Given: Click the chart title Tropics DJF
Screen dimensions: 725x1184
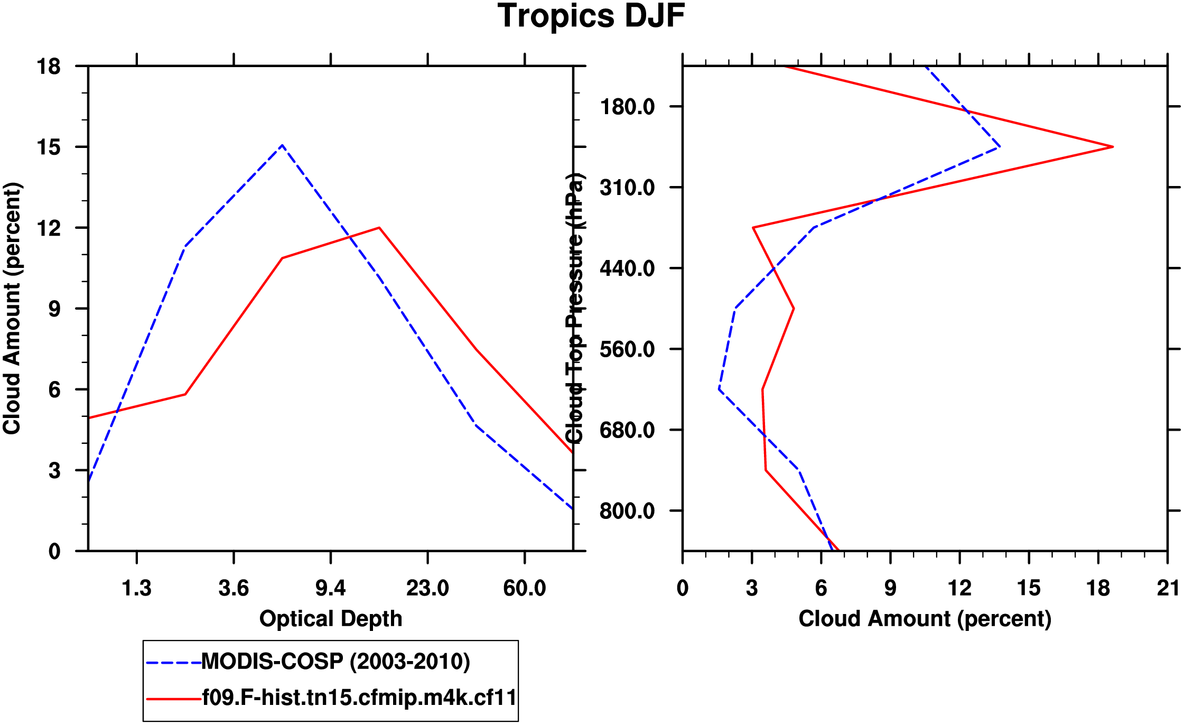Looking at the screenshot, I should (591, 16).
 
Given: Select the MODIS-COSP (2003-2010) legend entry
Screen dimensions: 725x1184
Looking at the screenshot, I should (335, 662).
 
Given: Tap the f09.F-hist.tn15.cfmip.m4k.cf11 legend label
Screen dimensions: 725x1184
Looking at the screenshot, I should (359, 698).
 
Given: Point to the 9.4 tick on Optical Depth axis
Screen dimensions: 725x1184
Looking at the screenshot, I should (331, 588).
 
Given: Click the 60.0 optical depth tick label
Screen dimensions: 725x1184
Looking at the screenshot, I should (524, 588).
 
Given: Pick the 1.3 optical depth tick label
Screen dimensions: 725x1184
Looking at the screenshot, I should (137, 588).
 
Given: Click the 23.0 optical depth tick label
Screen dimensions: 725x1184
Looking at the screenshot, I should (427, 588).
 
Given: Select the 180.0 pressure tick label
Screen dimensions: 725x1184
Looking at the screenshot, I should (627, 107).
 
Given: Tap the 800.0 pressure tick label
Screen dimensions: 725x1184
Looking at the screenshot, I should (627, 511).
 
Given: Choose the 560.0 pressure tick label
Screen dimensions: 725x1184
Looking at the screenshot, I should (627, 349).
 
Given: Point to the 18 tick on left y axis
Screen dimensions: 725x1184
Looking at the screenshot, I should (49, 67).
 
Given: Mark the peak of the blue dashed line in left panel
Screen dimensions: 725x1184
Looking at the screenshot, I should (283, 145).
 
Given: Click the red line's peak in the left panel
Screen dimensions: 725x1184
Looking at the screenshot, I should (379, 228).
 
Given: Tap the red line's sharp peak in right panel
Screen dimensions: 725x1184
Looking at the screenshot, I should (1113, 146).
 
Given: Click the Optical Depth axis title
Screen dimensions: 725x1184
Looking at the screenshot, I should (331, 619).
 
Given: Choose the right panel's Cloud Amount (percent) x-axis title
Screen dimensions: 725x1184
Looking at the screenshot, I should (925, 619).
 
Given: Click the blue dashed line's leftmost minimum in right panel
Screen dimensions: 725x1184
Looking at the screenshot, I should (720, 389).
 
